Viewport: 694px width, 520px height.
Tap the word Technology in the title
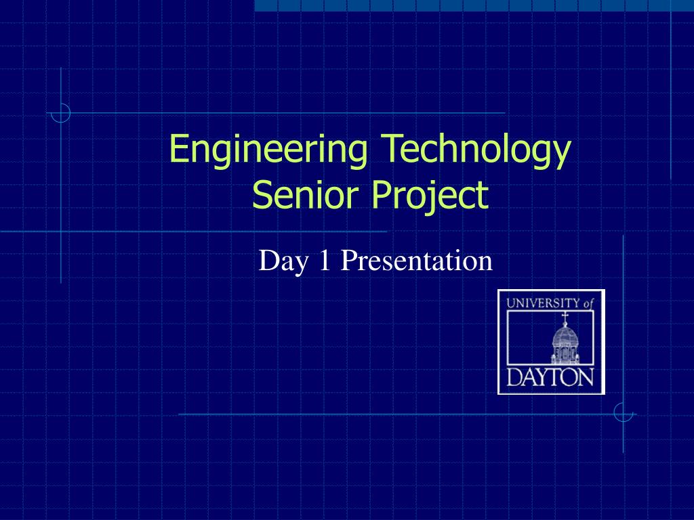474,150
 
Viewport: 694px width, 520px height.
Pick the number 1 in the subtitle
325,261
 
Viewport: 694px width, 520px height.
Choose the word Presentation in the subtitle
415,261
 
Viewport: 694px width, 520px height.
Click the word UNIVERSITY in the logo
543,304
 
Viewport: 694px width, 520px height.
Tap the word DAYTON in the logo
550,377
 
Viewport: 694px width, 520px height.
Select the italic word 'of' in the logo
588,304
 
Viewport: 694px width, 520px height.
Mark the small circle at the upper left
61,113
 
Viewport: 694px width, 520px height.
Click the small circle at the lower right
623,412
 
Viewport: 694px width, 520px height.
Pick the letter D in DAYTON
514,377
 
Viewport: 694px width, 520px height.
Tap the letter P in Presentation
346,261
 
